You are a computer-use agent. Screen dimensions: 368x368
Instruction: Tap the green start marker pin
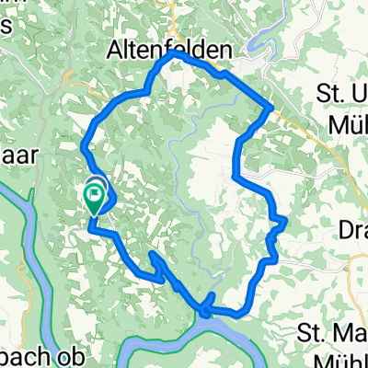(95, 196)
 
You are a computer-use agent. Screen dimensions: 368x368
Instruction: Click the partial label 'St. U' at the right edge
(340, 93)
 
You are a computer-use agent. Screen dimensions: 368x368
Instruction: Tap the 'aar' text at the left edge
(18, 155)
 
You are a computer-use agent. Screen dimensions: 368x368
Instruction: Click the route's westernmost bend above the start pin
(85, 144)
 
